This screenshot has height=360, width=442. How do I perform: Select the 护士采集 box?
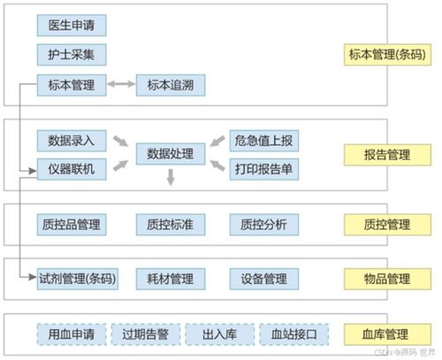click(x=72, y=55)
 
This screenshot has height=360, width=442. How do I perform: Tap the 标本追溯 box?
click(x=171, y=85)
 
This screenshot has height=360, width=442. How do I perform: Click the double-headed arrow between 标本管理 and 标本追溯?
click(x=121, y=85)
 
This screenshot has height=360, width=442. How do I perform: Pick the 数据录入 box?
click(x=72, y=140)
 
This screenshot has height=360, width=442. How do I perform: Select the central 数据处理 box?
click(x=170, y=154)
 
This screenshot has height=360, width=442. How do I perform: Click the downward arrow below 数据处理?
click(x=170, y=180)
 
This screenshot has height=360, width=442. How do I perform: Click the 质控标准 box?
click(x=170, y=225)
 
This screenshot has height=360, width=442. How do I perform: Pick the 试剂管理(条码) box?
click(x=77, y=280)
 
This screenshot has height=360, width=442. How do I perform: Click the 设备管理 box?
click(x=263, y=280)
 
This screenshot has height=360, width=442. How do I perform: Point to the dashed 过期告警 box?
click(x=146, y=334)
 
